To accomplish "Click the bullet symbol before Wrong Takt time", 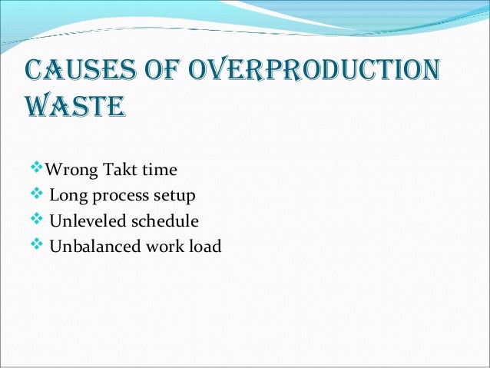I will (40, 167).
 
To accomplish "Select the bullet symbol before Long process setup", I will (40, 194).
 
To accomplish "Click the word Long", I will (67, 195).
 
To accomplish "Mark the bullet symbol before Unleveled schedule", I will (40, 220).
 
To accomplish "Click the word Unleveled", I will (84, 221).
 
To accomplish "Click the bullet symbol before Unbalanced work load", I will (40, 246).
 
